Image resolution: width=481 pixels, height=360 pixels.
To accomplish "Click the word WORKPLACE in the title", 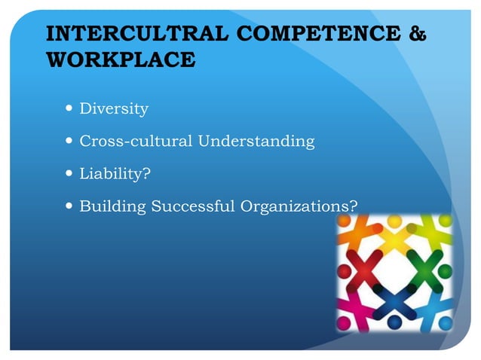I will [x=121, y=60].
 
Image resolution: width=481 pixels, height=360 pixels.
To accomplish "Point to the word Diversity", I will [x=114, y=109].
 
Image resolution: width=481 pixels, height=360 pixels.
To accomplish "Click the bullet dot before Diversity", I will [x=69, y=108].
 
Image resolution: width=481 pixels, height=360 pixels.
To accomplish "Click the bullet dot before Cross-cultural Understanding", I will [x=69, y=140].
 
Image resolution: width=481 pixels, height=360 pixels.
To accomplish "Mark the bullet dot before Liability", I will [x=69, y=172].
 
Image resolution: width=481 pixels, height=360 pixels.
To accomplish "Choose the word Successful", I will [x=194, y=205].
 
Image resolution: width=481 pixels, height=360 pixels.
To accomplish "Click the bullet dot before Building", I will [x=69, y=204].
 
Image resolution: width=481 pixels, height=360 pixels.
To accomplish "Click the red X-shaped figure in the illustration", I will [x=361, y=267].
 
